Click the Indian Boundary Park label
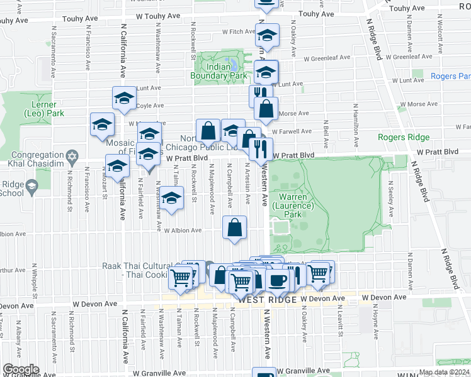point(218,70)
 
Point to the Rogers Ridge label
point(404,137)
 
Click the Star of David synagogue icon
point(72,155)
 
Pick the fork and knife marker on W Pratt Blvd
point(261,149)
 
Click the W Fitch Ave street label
point(236,31)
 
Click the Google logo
point(20,369)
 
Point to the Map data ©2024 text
point(444,372)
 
